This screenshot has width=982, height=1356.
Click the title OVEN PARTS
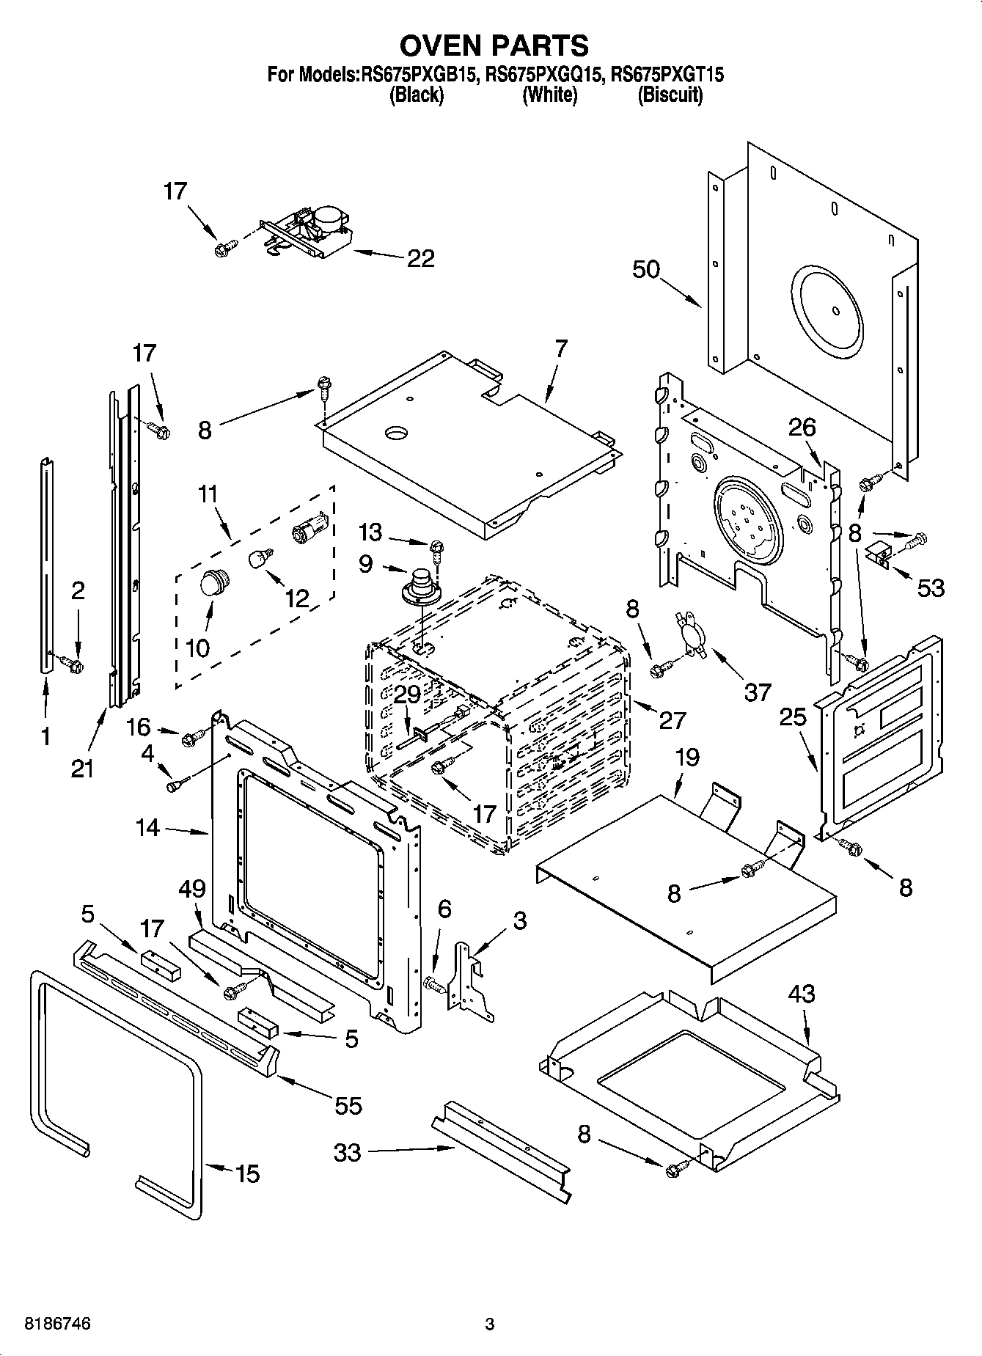pyautogui.click(x=494, y=45)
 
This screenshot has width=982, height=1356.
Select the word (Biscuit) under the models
pyautogui.click(x=670, y=95)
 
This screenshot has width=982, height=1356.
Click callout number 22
pyautogui.click(x=420, y=258)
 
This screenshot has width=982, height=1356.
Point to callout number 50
pyautogui.click(x=646, y=269)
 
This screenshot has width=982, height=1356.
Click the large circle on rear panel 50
pyautogui.click(x=827, y=310)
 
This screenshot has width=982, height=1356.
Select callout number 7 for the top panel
pyautogui.click(x=561, y=349)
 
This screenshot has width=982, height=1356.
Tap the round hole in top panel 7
pyautogui.click(x=397, y=433)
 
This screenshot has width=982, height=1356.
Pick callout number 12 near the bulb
pyautogui.click(x=297, y=598)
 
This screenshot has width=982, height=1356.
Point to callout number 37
pyautogui.click(x=758, y=692)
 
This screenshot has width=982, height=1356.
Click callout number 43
pyautogui.click(x=802, y=994)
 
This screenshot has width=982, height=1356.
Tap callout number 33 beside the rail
pyautogui.click(x=348, y=1152)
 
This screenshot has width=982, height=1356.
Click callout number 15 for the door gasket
pyautogui.click(x=248, y=1174)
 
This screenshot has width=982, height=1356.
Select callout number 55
pyautogui.click(x=348, y=1105)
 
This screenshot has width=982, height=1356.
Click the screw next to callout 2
pyautogui.click(x=72, y=664)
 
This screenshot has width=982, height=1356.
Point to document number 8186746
pyautogui.click(x=58, y=1324)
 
